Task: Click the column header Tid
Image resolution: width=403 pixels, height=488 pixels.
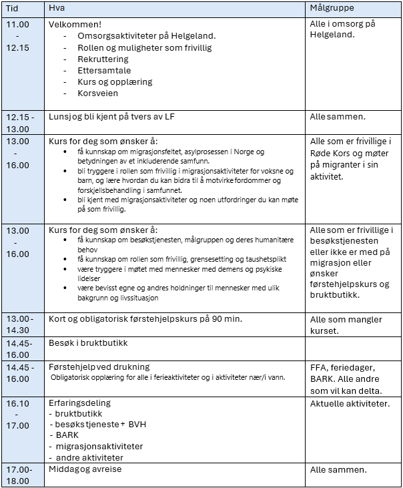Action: tap(13, 7)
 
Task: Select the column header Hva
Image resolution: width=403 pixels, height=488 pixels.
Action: tap(57, 7)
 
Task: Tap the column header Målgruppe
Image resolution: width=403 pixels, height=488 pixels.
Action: tap(332, 7)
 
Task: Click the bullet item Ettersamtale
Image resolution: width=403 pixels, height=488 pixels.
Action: tap(104, 70)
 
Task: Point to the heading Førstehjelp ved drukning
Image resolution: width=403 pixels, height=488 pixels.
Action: tap(99, 367)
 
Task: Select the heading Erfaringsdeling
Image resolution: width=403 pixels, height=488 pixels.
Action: tap(80, 403)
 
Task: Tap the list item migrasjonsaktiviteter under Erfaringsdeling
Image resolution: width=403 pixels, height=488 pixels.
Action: tap(99, 446)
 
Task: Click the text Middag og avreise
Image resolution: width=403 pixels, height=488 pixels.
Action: tap(85, 469)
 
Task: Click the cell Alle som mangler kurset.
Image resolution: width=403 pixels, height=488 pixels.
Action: tap(346, 325)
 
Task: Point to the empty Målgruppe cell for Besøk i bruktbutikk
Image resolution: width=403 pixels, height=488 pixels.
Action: tap(353, 348)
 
